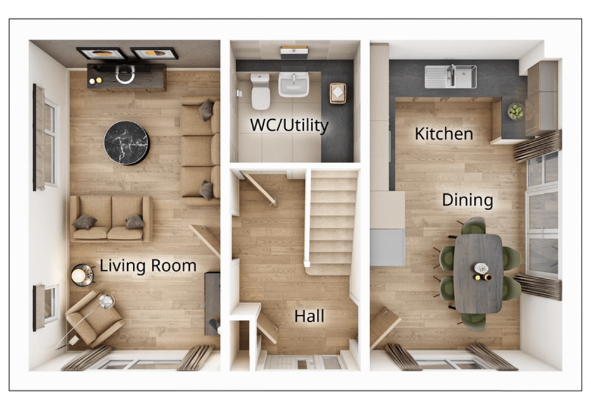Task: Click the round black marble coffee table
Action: pyautogui.click(x=127, y=143)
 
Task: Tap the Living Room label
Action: pyautogui.click(x=147, y=266)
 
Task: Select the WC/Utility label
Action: pyautogui.click(x=289, y=125)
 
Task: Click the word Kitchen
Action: pyautogui.click(x=444, y=134)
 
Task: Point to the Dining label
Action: pyautogui.click(x=467, y=200)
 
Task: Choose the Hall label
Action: pyautogui.click(x=309, y=315)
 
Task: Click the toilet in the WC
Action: pyautogui.click(x=260, y=91)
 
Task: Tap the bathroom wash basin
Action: pyautogui.click(x=294, y=84)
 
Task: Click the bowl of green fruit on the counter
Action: pyautogui.click(x=516, y=111)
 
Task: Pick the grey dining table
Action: pyautogui.click(x=478, y=272)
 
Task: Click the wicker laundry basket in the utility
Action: pyautogui.click(x=337, y=93)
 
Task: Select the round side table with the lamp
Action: pyautogui.click(x=82, y=274)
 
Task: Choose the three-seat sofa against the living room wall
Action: pyautogui.click(x=201, y=149)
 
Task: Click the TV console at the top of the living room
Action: pyautogui.click(x=127, y=77)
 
